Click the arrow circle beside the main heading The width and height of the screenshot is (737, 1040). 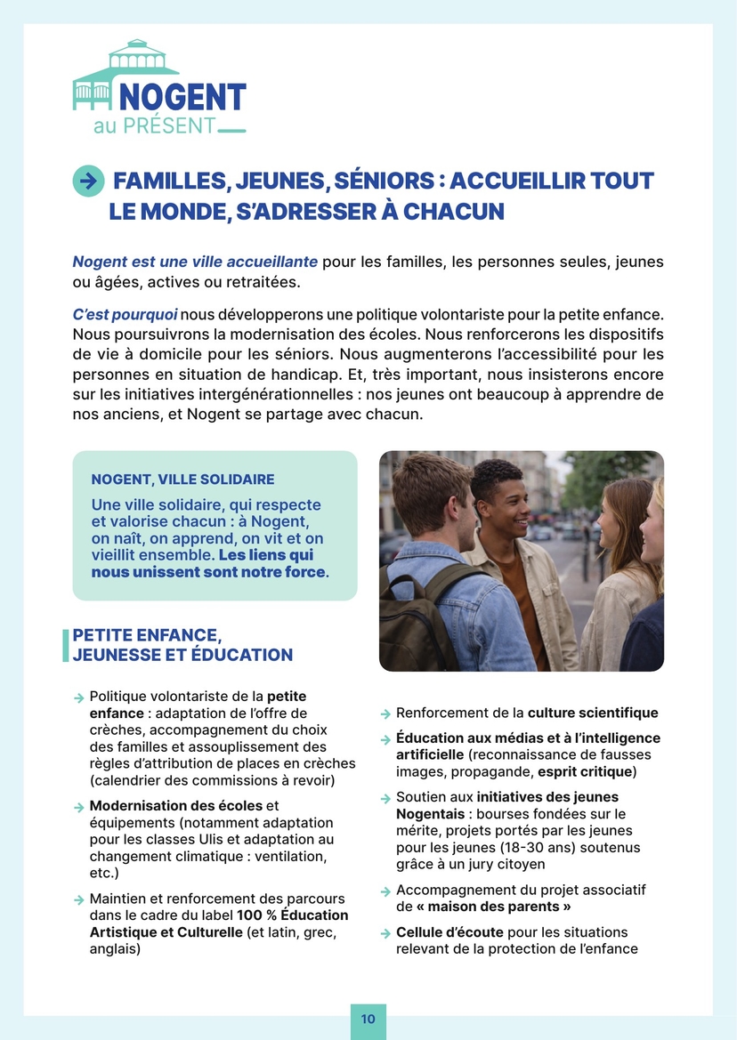point(87,181)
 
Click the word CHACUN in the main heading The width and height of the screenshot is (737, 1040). point(453,212)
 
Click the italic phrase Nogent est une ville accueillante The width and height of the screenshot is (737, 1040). point(195,262)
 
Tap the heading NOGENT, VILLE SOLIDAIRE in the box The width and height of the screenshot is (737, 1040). point(182,480)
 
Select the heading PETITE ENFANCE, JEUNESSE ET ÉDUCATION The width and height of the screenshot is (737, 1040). point(182,645)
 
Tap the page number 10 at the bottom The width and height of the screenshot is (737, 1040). point(368,1019)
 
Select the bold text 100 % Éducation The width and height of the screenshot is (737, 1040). point(293,915)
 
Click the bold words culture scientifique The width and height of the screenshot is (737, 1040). point(593,713)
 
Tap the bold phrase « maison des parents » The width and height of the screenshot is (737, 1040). point(494,907)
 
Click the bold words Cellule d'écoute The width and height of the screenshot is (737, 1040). point(449,932)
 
